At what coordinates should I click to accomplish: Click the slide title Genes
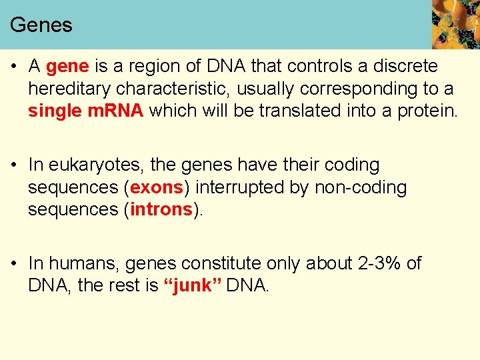coord(41,25)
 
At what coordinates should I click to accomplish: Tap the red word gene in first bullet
coord(67,67)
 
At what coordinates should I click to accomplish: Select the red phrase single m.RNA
coord(85,111)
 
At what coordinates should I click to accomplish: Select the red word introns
coord(161,209)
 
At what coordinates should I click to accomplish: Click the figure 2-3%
coord(378,263)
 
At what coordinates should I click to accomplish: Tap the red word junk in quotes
coord(193,285)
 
